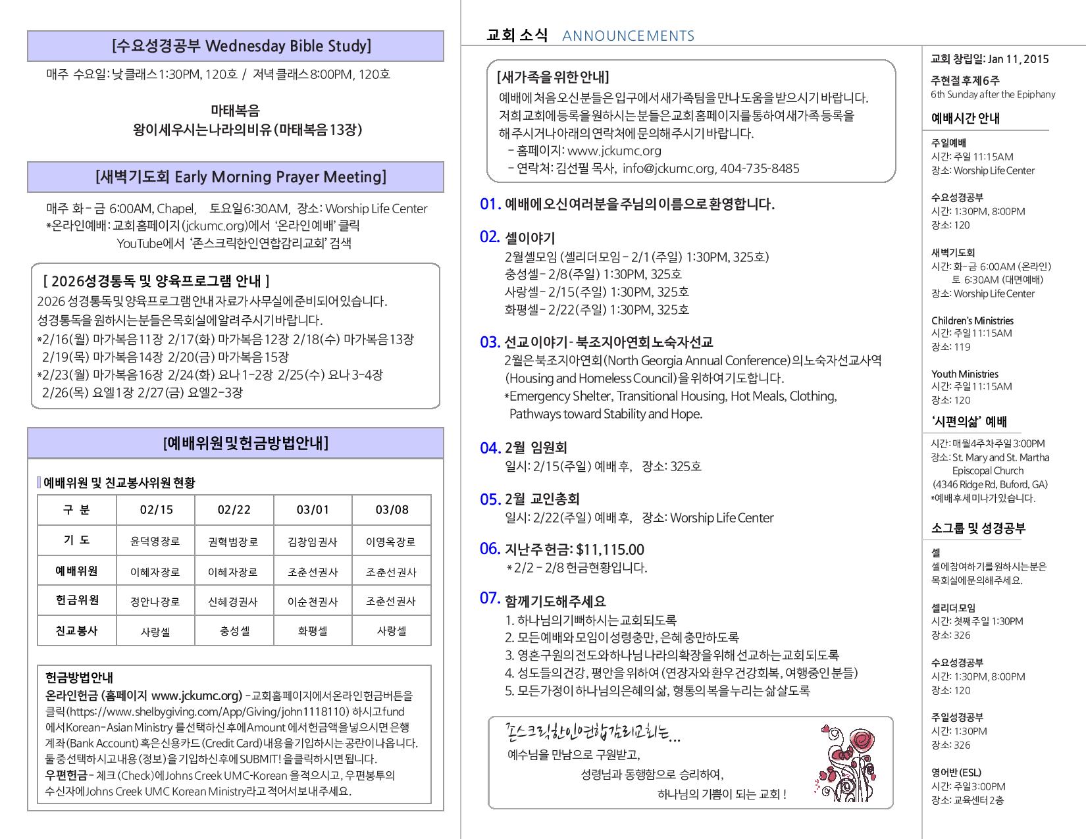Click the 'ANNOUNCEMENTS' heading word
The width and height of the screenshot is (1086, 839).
[629, 36]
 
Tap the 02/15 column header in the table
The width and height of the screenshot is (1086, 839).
[156, 510]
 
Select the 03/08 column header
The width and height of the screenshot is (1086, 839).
[392, 510]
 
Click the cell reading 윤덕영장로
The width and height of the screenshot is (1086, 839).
[155, 542]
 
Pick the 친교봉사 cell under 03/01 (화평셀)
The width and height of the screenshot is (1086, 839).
[313, 631]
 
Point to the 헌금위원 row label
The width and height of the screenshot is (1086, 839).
[77, 600]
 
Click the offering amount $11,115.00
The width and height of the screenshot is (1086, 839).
[609, 549]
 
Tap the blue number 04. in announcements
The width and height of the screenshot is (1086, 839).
[490, 448]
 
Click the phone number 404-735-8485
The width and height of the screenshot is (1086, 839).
[760, 168]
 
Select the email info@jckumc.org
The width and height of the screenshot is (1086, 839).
[668, 168]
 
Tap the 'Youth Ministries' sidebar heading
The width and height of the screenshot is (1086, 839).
[964, 374]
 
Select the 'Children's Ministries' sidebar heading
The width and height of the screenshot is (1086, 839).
[972, 320]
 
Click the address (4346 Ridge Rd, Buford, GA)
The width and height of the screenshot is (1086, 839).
[990, 484]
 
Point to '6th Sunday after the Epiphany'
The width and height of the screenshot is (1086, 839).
[993, 94]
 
